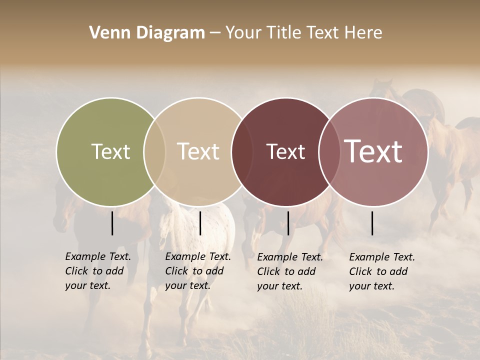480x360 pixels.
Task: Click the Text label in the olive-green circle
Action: pos(110,151)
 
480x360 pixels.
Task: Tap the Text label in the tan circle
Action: pos(198,151)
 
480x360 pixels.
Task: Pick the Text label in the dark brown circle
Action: pos(285,151)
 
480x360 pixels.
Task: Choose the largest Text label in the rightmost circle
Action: pos(373,151)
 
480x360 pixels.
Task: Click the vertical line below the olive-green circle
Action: pos(112,223)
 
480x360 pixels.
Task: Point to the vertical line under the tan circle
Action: pos(200,223)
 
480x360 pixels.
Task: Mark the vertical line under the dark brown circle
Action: pos(288,223)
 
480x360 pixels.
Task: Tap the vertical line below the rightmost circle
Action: pos(372,223)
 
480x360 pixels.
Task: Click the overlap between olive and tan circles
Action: pos(154,151)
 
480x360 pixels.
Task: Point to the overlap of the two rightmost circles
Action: pos(329,151)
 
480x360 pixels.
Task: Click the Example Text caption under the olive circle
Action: pos(98,271)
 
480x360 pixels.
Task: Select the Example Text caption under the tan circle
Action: pos(198,271)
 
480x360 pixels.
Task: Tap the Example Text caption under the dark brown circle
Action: pos(290,271)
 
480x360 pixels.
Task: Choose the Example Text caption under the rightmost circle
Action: pos(382,271)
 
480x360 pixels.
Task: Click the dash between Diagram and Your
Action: pos(215,33)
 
